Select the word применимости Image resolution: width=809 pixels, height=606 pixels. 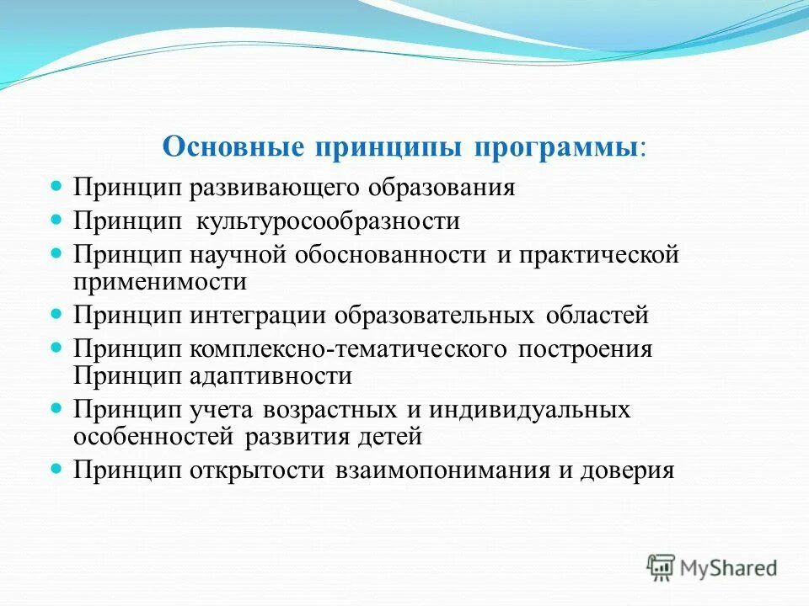[x=160, y=281]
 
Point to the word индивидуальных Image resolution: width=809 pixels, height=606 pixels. [x=529, y=410]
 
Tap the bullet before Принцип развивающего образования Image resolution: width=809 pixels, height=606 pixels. [x=58, y=183]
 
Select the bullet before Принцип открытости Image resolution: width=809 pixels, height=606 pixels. [x=58, y=466]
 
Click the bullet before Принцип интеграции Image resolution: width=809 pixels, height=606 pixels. [x=58, y=313]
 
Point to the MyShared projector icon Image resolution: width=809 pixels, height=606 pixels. [x=662, y=567]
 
